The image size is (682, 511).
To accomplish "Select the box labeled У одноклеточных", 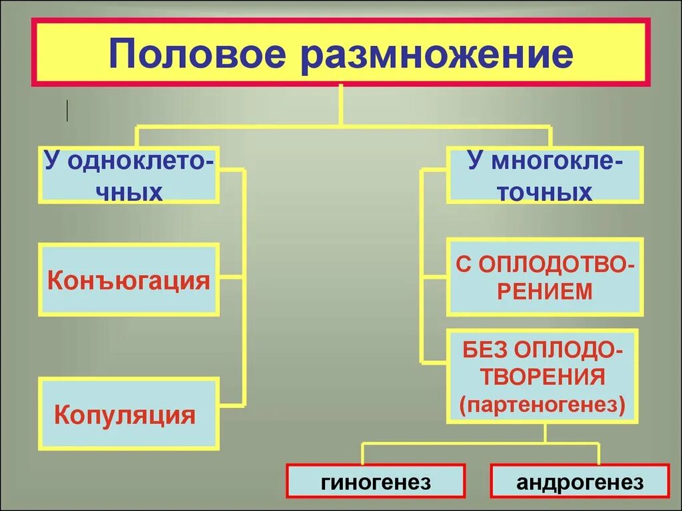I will click(x=129, y=175).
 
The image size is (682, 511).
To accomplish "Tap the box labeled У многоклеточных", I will click(x=545, y=175).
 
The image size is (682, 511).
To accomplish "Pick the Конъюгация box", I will click(x=129, y=279).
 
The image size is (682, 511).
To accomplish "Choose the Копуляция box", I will click(x=129, y=414).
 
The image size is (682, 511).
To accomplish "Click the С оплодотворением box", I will click(x=545, y=277).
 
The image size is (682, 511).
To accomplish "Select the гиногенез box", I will click(x=376, y=482).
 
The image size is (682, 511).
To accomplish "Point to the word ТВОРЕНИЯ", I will click(x=544, y=377).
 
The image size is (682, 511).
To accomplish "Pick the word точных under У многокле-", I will click(x=545, y=192).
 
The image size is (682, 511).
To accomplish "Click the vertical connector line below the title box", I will click(x=341, y=105).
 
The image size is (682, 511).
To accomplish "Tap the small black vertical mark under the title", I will click(x=67, y=110).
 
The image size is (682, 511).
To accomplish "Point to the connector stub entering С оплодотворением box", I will click(x=434, y=275).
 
